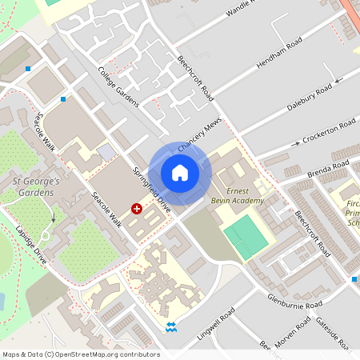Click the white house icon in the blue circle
point(180,173)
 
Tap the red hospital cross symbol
point(137,208)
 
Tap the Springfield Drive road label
point(153,186)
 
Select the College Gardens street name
point(118,87)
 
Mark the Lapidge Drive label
point(32,243)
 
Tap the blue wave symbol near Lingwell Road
point(171,326)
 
